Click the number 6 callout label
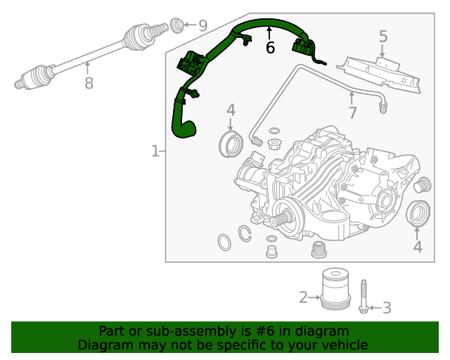click(x=269, y=48)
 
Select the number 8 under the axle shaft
click(x=89, y=84)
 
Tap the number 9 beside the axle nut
click(x=202, y=26)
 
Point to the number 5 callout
click(x=383, y=37)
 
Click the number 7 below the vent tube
click(x=352, y=112)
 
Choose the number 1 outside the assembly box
click(x=155, y=151)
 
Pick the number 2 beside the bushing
click(x=303, y=298)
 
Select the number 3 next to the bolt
click(x=386, y=307)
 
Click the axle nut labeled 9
click(x=179, y=25)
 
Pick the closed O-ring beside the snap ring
click(x=224, y=243)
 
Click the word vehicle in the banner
click(x=345, y=345)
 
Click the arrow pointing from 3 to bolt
click(x=374, y=307)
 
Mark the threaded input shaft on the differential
click(x=280, y=219)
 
